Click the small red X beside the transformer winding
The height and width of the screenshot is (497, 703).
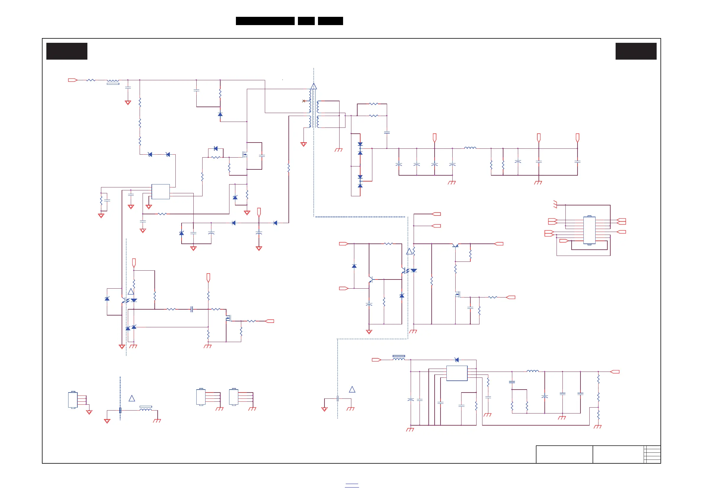tap(304, 101)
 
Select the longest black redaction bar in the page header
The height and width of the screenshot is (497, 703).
tap(265, 21)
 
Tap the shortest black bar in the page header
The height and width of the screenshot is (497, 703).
tap(306, 21)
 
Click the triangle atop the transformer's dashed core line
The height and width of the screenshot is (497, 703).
tap(314, 86)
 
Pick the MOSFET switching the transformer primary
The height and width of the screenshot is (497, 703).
tap(245, 155)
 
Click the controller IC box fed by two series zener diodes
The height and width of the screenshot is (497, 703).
tap(160, 192)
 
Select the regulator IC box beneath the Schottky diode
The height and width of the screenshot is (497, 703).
tap(457, 373)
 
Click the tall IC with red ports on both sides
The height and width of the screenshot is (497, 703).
tap(589, 230)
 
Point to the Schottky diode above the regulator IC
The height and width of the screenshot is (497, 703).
tap(457, 360)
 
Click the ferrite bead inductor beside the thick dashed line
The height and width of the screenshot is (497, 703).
tap(146, 408)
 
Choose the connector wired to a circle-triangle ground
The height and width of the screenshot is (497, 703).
tap(73, 400)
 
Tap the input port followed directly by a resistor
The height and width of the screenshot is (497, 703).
tap(73, 80)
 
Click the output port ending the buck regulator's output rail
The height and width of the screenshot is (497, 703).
tap(615, 372)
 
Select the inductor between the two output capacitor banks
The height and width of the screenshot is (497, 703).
tap(470, 148)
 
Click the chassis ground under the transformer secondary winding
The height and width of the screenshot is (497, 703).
tap(338, 150)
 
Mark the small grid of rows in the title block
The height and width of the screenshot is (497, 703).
tap(652, 454)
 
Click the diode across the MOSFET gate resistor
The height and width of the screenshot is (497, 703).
tap(216, 148)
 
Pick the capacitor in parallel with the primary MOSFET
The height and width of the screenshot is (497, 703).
tap(262, 156)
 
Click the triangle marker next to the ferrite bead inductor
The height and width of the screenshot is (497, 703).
tap(132, 398)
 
